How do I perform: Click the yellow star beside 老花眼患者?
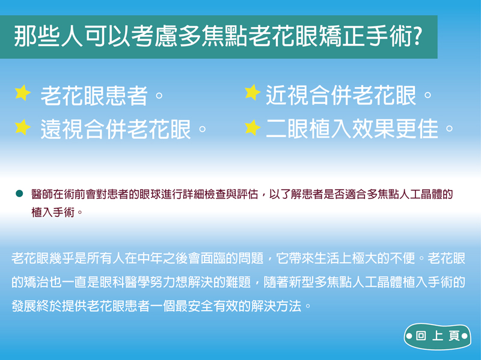(x=22, y=93)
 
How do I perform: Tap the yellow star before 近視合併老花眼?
(x=253, y=93)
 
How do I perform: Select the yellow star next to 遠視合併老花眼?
(x=22, y=127)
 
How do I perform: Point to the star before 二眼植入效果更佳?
(x=253, y=127)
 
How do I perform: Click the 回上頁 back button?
(x=437, y=337)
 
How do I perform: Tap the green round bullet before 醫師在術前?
(x=19, y=194)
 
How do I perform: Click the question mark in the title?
(x=417, y=36)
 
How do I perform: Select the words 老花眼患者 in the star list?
(x=94, y=96)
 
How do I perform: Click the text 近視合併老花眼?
(x=341, y=96)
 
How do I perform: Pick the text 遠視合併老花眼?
(x=115, y=129)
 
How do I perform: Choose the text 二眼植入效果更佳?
(x=352, y=129)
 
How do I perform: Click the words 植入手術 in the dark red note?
(x=53, y=212)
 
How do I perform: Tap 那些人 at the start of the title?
(x=48, y=36)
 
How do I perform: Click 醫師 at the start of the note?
(x=42, y=194)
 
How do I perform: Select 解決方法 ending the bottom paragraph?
(x=276, y=306)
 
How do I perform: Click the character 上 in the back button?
(x=438, y=336)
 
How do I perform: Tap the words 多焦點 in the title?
(x=213, y=36)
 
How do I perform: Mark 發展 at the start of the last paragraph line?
(x=24, y=306)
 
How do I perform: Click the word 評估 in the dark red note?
(x=247, y=194)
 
